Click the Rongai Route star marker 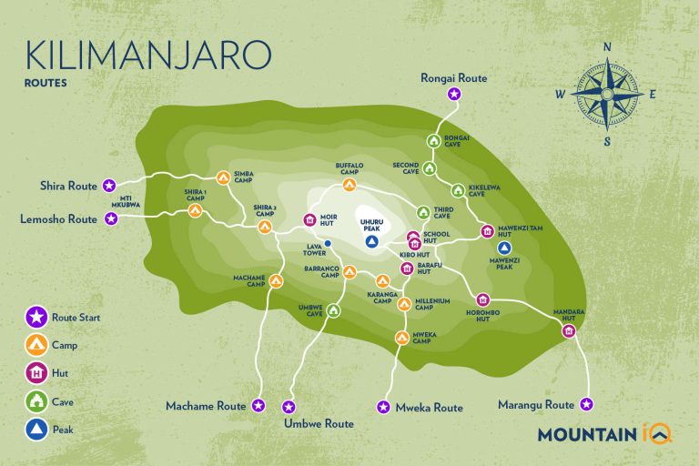tap(454, 93)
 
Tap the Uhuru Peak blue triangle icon tap(370, 242)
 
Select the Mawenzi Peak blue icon tap(505, 247)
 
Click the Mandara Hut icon tap(569, 331)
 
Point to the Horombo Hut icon tap(482, 300)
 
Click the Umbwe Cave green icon tap(333, 311)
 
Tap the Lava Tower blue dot tap(328, 243)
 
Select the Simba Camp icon tap(223, 177)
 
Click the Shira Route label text tap(68, 186)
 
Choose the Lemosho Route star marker tap(111, 219)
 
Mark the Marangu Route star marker tap(587, 404)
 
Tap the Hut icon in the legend tap(35, 373)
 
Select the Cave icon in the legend tap(35, 400)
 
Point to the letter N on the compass tap(607, 47)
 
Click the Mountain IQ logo tap(604, 434)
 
